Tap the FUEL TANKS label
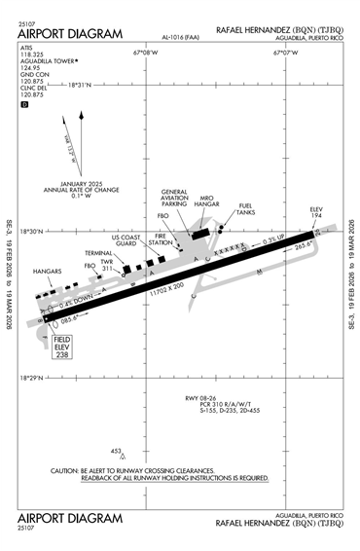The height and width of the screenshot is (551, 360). [x=246, y=208]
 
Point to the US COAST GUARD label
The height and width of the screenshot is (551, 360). [x=126, y=241]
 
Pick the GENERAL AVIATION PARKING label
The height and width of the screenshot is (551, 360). [x=175, y=198]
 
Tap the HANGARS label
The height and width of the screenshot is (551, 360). [x=47, y=271]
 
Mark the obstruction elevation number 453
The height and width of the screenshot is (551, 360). [x=116, y=451]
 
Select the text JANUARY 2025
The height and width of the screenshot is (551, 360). [x=88, y=185]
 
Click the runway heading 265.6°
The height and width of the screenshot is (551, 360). [x=305, y=246]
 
